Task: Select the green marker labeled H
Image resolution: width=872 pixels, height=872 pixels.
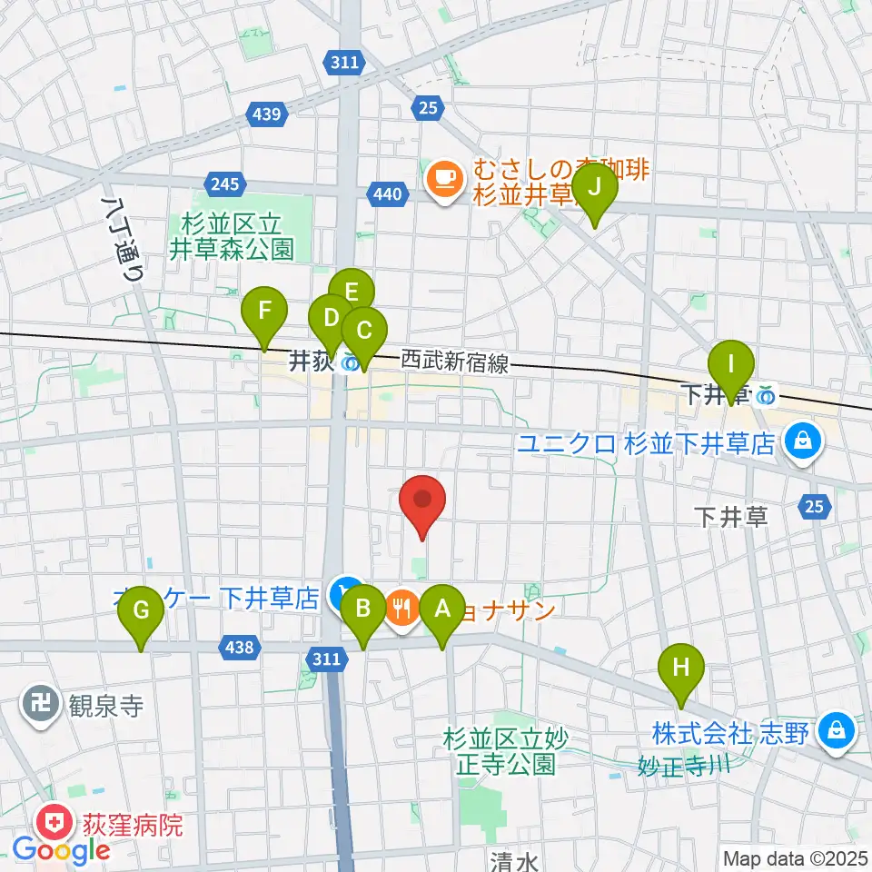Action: point(681,669)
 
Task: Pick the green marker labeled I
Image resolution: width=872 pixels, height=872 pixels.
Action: point(731,366)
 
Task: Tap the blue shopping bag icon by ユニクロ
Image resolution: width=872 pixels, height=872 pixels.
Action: point(802,441)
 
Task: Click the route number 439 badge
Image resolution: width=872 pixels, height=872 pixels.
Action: point(267,114)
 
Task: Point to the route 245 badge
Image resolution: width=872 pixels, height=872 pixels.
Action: point(224,183)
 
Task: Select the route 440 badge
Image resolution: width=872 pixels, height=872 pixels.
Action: point(386,193)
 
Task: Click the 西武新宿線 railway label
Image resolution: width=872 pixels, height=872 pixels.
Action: point(454,363)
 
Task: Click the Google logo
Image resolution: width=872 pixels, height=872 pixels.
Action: point(61,851)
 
